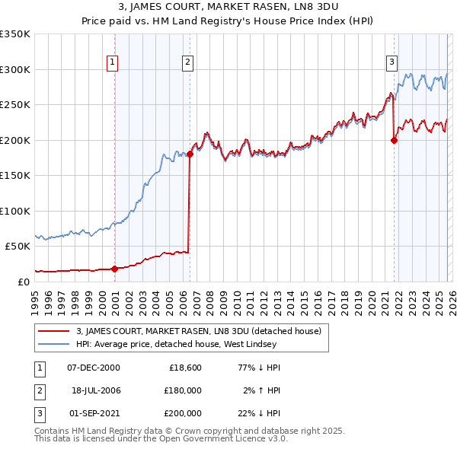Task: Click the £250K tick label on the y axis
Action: click(x=15, y=104)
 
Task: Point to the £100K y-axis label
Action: click(x=15, y=211)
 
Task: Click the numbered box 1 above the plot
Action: click(x=112, y=62)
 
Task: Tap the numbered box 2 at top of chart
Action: click(x=187, y=62)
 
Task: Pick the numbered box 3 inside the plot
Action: click(x=391, y=62)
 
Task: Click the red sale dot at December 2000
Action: click(x=114, y=268)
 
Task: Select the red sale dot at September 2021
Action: click(x=394, y=140)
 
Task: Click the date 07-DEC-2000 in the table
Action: click(x=94, y=367)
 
